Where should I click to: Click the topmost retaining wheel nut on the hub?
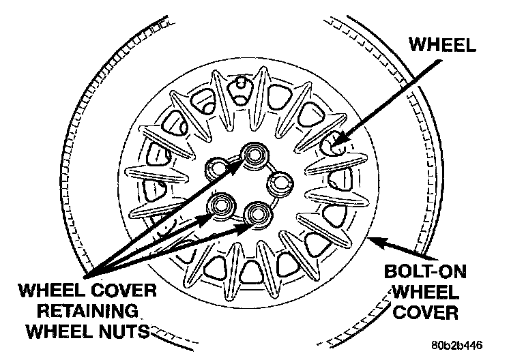tap(256, 154)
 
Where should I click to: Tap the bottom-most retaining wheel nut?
tap(259, 213)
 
